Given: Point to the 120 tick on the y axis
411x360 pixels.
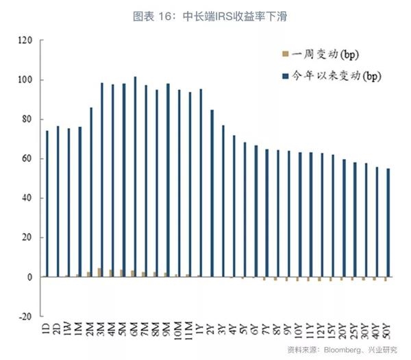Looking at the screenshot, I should [x=25, y=41].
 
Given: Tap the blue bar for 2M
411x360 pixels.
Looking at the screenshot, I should [x=91, y=192].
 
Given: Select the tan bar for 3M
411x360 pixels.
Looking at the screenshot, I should [x=99, y=272].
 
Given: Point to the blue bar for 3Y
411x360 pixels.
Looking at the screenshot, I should [x=223, y=201].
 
